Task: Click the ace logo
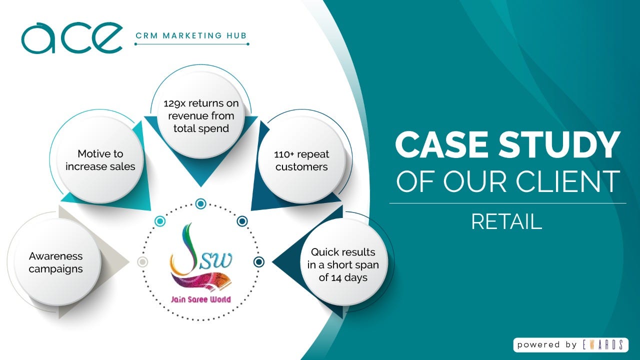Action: pos(71,37)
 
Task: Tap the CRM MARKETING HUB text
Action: pos(191,35)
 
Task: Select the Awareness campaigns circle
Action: pos(55,262)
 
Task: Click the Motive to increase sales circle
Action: pos(100,160)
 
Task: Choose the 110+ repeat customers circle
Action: pos(301,160)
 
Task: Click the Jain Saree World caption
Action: pos(201,300)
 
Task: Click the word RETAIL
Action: pos(506,221)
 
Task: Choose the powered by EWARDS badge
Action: pos(570,344)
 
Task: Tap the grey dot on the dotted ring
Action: pos(142,261)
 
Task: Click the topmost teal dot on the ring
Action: pos(201,203)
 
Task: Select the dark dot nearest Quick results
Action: pos(259,261)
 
